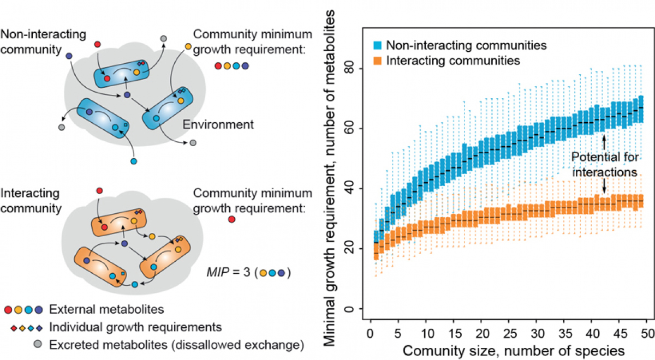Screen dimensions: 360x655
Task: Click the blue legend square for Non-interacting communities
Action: click(x=378, y=46)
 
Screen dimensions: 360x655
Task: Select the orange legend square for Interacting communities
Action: click(x=378, y=61)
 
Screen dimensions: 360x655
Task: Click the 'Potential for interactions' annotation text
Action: click(x=604, y=164)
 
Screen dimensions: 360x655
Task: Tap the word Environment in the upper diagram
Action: click(x=218, y=125)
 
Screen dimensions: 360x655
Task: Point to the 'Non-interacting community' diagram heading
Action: click(x=43, y=41)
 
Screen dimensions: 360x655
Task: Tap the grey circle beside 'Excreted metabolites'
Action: click(x=38, y=344)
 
